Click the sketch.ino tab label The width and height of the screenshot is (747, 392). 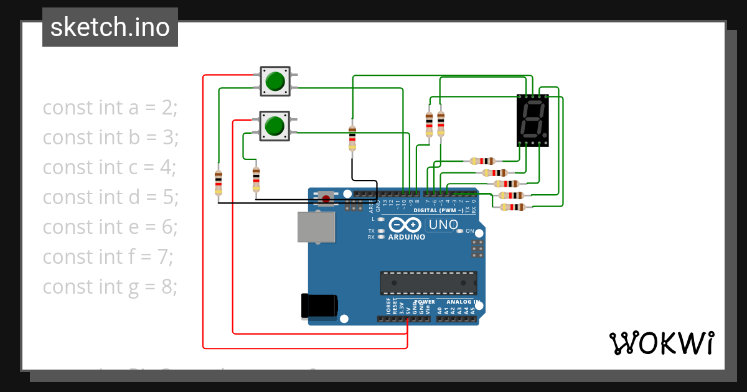click(x=110, y=27)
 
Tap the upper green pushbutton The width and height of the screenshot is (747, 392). click(x=275, y=81)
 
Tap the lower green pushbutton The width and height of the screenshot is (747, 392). click(x=274, y=126)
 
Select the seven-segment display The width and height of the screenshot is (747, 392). click(x=532, y=120)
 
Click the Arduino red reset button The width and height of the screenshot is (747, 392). click(x=325, y=199)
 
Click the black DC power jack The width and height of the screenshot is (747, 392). click(x=319, y=306)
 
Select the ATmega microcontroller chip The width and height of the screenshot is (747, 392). click(x=429, y=282)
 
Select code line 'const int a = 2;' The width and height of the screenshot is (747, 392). click(x=110, y=108)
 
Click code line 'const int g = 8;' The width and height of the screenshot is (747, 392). click(x=110, y=287)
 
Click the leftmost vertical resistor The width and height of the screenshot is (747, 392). click(x=218, y=182)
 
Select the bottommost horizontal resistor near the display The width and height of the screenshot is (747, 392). click(x=512, y=207)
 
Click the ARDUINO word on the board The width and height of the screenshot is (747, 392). click(x=406, y=237)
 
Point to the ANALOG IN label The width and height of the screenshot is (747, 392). click(x=463, y=302)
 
